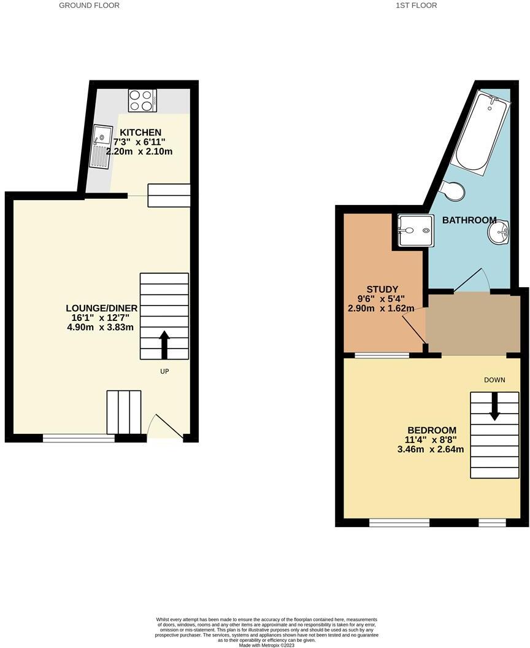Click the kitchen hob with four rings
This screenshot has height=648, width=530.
[142, 100]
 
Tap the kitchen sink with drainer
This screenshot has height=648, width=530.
[100, 146]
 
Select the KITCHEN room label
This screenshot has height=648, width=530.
[140, 133]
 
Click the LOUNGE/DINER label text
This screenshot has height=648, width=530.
[102, 308]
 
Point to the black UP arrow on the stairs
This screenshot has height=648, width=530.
[164, 344]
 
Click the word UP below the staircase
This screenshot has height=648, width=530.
[164, 371]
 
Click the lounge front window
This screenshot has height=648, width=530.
[79, 438]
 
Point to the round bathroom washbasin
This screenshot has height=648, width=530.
[498, 232]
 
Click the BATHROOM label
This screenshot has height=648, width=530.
[469, 220]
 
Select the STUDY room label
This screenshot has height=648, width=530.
[382, 290]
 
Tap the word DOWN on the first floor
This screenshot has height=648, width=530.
[494, 380]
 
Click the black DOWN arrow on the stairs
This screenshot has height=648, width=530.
[494, 407]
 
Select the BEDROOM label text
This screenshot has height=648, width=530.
[432, 430]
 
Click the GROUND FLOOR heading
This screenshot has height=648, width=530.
[89, 6]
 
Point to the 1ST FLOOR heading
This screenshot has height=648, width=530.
[417, 6]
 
